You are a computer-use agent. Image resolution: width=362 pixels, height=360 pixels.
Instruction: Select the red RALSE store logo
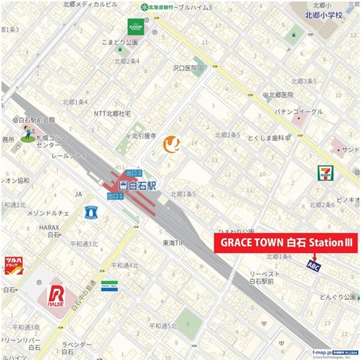pos(56,296)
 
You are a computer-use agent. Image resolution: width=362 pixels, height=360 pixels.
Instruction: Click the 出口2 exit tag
pos(134,174)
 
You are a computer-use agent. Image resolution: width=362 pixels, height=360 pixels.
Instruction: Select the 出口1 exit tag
pos(114,196)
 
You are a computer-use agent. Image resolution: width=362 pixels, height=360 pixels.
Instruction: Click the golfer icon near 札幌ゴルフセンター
pos(27,133)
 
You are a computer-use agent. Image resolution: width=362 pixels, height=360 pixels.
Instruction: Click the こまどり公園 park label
pos(119,43)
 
